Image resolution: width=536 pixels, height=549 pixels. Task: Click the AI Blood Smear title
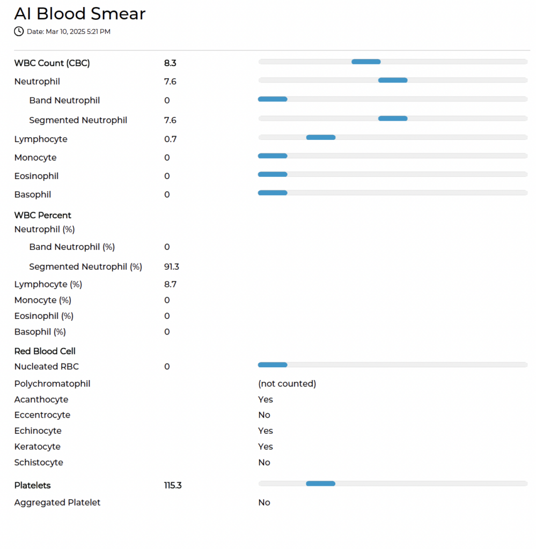(79, 14)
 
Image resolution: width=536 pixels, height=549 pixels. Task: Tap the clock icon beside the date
(19, 32)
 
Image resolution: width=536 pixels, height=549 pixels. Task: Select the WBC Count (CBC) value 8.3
(170, 63)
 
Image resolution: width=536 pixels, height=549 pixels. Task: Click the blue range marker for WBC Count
(366, 62)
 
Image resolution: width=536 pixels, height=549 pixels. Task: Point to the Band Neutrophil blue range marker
(273, 99)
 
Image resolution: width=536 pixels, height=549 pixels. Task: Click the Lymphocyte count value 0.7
(170, 139)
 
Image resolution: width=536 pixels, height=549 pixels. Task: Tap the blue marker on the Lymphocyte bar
(321, 138)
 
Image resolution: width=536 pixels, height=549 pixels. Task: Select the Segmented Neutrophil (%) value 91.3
(172, 267)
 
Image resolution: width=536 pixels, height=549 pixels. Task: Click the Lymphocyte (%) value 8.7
(170, 284)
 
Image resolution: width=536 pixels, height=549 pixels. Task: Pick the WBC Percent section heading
(43, 216)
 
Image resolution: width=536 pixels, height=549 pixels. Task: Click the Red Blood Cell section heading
(45, 351)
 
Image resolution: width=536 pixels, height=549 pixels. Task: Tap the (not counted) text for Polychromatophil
(287, 384)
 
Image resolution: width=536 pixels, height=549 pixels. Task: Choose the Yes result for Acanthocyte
(266, 399)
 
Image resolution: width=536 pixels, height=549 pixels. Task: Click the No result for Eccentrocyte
(264, 415)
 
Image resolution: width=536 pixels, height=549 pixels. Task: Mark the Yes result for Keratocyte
(266, 447)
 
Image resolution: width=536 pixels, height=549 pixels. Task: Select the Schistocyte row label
(39, 463)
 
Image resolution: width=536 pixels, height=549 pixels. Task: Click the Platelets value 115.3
(173, 485)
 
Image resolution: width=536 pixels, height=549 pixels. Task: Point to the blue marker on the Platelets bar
(320, 484)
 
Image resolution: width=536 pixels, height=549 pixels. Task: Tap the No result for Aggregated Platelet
(264, 502)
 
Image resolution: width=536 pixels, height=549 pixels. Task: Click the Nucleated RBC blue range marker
(273, 365)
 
